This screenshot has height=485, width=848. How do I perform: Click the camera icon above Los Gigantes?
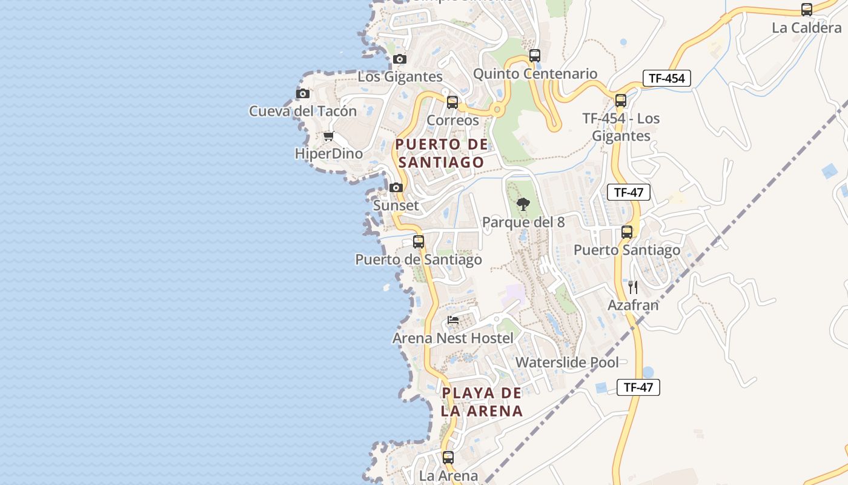(x=399, y=59)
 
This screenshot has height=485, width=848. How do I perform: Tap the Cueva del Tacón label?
(x=302, y=112)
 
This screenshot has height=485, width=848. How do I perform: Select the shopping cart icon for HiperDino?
(x=328, y=136)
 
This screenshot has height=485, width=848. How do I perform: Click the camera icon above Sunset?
(x=396, y=187)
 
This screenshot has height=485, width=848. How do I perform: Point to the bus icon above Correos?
(x=452, y=102)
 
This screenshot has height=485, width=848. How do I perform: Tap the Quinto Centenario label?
(x=535, y=74)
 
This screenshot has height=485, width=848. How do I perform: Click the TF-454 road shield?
(x=666, y=78)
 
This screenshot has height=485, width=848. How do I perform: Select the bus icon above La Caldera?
(x=806, y=10)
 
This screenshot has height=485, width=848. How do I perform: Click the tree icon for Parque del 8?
(x=523, y=204)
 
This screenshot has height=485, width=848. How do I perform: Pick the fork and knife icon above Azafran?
(x=633, y=287)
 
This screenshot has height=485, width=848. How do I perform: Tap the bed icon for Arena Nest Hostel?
(x=453, y=319)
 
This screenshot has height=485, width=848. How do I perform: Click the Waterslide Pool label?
(x=567, y=363)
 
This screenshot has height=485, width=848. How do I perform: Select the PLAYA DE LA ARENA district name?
(x=482, y=402)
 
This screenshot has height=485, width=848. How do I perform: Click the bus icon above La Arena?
(x=448, y=458)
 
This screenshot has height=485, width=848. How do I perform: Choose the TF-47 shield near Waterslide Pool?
(x=638, y=387)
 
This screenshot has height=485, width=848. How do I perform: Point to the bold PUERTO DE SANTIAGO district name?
(x=441, y=153)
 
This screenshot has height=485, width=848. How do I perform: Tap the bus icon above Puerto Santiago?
(x=627, y=232)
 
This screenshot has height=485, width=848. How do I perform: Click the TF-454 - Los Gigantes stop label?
(x=621, y=127)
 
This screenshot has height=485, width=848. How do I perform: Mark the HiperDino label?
(x=329, y=154)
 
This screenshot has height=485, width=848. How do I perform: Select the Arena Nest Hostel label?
(x=453, y=338)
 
